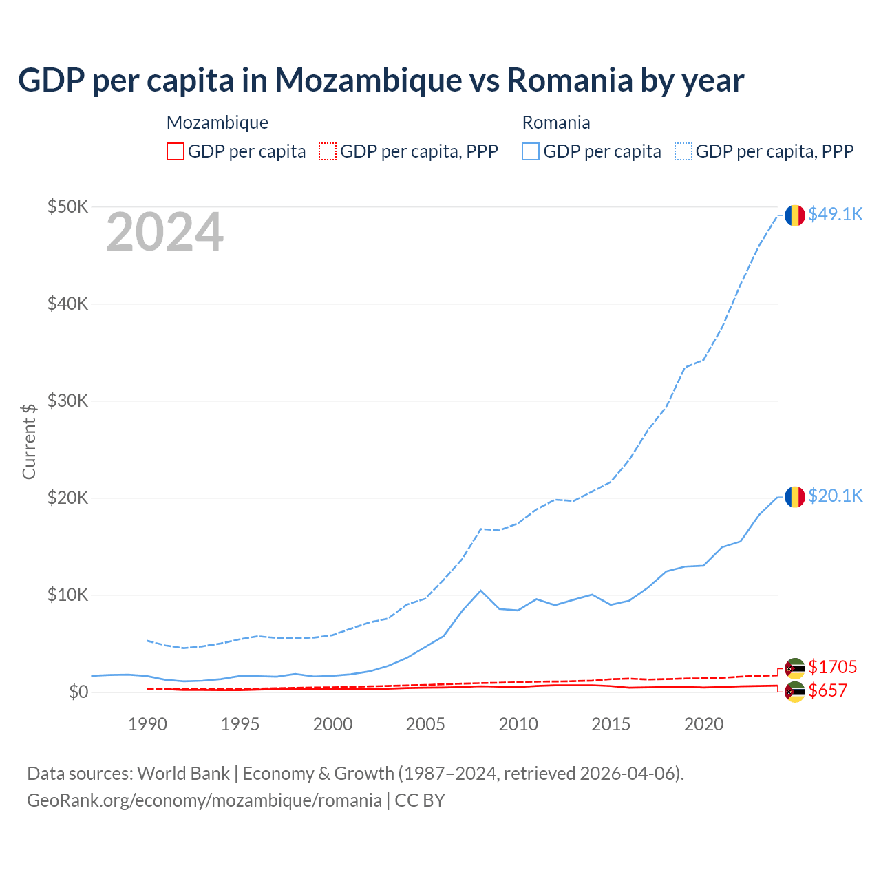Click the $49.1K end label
pos(835,215)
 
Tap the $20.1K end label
pos(835,496)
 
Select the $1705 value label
pos(832,667)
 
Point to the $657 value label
pos(827,691)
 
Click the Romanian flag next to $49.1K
pos(795,215)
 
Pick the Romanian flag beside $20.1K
pos(795,496)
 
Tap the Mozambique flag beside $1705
pos(795,668)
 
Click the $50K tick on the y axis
pos(67,207)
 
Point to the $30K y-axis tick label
pos(67,401)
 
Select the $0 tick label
pos(78,692)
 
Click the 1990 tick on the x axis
pos(147,724)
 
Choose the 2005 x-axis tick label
pos(425,724)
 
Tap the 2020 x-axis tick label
pos(703,724)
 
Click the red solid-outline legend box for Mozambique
pos(176,151)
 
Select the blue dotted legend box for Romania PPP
pos(683,151)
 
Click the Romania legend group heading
pos(556,123)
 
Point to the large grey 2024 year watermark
pos(164,233)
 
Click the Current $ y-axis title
pos(29,441)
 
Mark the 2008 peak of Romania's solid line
pos(480,591)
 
